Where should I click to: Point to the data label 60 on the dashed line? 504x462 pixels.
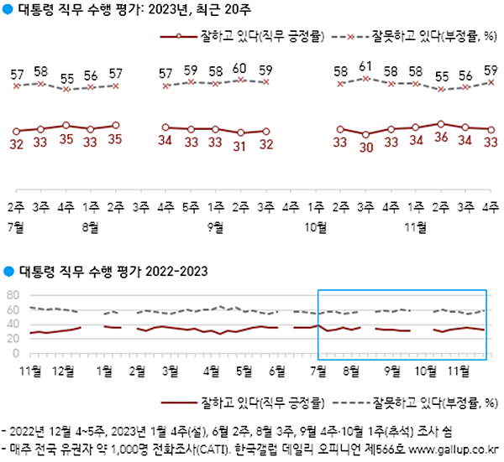click(x=240, y=68)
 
